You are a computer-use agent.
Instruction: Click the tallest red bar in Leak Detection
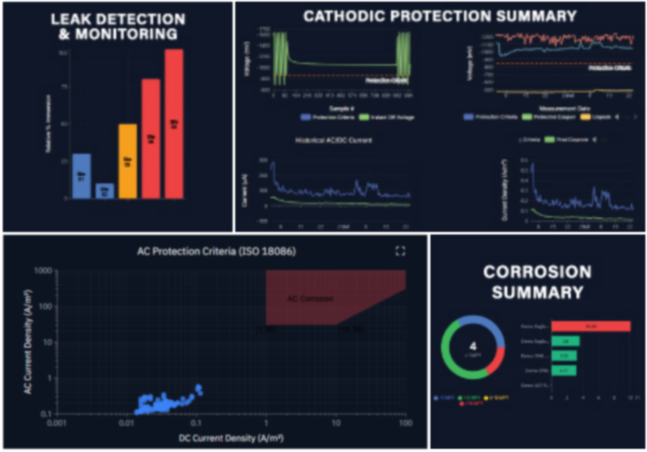pyautogui.click(x=174, y=123)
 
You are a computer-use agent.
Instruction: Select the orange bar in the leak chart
pyautogui.click(x=128, y=161)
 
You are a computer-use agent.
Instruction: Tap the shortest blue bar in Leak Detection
pyautogui.click(x=104, y=191)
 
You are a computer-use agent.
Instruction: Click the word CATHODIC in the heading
pyautogui.click(x=355, y=16)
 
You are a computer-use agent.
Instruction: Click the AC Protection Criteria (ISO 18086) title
pyautogui.click(x=217, y=251)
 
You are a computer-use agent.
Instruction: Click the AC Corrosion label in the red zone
pyautogui.click(x=310, y=298)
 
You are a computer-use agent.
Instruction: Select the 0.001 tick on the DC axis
pyautogui.click(x=58, y=422)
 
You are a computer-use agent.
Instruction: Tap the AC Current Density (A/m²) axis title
pyautogui.click(x=28, y=342)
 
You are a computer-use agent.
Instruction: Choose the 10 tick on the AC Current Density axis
pyautogui.click(x=46, y=342)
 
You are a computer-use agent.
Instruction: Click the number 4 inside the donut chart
pyautogui.click(x=473, y=346)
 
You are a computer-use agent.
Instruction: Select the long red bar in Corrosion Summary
pyautogui.click(x=591, y=326)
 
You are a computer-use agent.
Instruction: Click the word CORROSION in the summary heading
pyautogui.click(x=537, y=272)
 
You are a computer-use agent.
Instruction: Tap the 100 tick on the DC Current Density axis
pyautogui.click(x=405, y=422)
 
